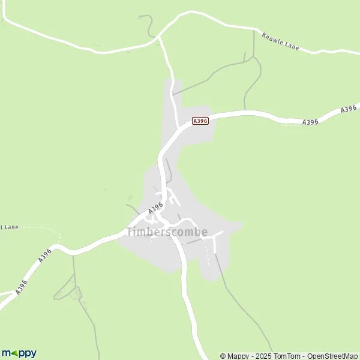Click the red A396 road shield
click(x=200, y=121)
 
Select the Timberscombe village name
click(x=167, y=232)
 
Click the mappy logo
click(x=19, y=353)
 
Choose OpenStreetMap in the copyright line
click(x=331, y=356)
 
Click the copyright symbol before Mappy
click(x=223, y=356)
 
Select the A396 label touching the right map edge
click(x=349, y=109)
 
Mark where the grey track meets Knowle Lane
click(x=253, y=31)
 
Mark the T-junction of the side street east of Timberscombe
click(x=214, y=237)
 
